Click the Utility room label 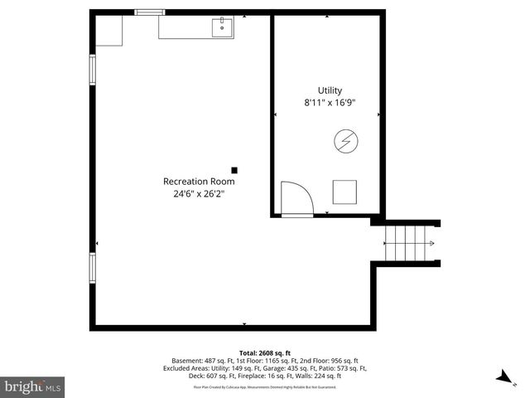click(330, 90)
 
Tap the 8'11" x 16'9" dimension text click(330, 103)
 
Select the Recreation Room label click(199, 181)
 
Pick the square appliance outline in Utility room click(344, 192)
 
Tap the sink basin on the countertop click(223, 29)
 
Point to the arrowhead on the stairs click(431, 243)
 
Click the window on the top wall click(149, 12)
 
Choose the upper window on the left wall click(93, 70)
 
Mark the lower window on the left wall click(93, 268)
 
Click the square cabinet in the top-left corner click(109, 31)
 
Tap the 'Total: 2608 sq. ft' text click(264, 352)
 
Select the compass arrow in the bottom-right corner click(501, 377)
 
